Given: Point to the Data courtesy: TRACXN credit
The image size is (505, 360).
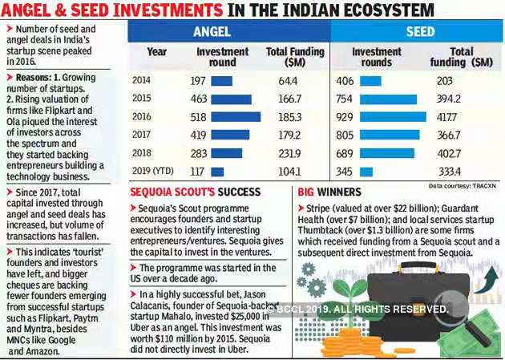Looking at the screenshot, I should pos(463,185).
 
